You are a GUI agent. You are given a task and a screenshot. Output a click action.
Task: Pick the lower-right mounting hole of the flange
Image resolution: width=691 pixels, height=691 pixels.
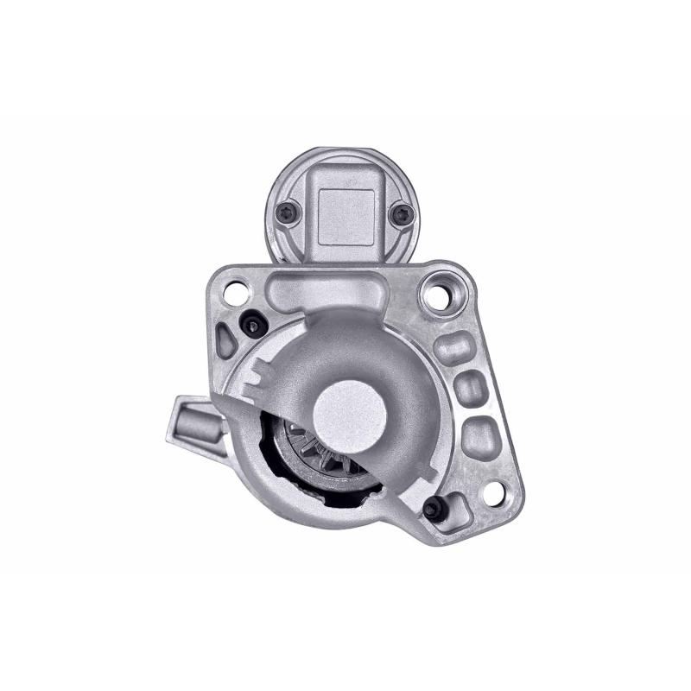[493, 493]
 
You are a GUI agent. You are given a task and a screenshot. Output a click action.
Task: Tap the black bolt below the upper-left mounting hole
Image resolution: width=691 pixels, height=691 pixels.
[252, 325]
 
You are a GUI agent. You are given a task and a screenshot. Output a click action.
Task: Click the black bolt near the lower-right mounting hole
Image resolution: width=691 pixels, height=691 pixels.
[433, 509]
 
